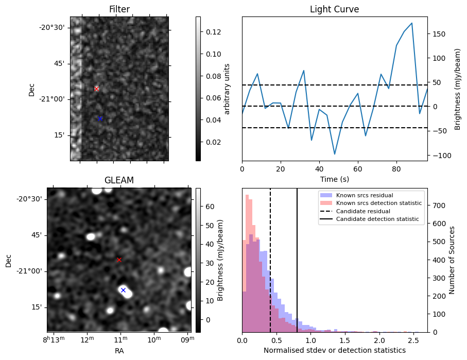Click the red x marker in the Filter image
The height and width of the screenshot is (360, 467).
click(x=96, y=89)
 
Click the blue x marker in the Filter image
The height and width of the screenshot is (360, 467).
click(x=100, y=118)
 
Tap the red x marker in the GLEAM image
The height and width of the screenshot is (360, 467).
click(x=119, y=260)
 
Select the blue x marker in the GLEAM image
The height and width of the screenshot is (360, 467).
click(x=123, y=290)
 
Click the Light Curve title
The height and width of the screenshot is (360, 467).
click(x=334, y=9)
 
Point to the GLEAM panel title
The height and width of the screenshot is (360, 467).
click(x=119, y=180)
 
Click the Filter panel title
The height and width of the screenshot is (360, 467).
click(x=119, y=9)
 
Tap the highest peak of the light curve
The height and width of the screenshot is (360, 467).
click(x=411, y=23)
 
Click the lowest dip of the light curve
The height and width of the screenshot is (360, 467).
click(x=335, y=154)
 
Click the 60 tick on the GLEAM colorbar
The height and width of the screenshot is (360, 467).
click(x=210, y=207)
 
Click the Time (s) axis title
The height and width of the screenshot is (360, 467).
click(x=334, y=178)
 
